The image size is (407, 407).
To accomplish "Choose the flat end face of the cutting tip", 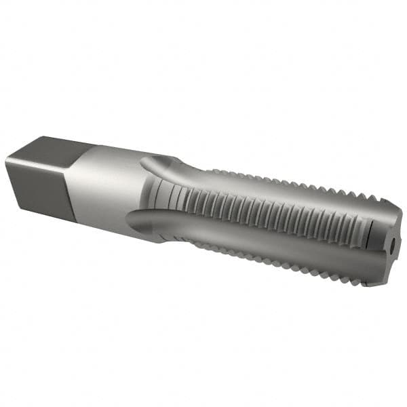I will (x=392, y=244).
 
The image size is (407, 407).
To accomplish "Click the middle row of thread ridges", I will (x=271, y=217).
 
